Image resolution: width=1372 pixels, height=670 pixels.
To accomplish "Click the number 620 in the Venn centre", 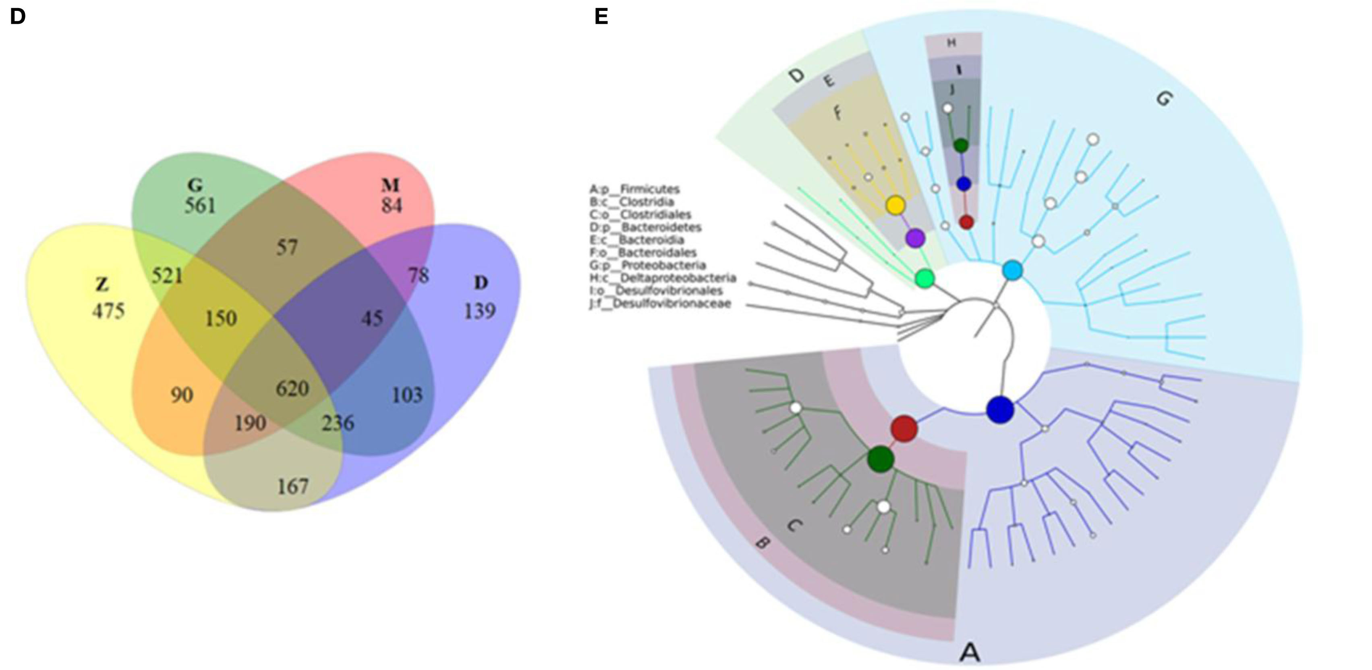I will [292, 389].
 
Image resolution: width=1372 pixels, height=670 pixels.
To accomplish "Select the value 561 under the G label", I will [200, 206].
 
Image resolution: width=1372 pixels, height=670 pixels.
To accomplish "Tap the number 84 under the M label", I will [392, 206].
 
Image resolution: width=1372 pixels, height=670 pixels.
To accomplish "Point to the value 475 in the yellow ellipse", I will [109, 311].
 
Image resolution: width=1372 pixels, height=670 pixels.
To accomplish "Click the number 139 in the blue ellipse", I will [480, 311].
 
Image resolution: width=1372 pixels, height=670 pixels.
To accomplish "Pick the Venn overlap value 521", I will [167, 276].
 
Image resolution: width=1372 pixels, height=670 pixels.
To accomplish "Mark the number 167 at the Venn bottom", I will [293, 486].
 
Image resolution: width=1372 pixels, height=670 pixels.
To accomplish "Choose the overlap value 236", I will [338, 423].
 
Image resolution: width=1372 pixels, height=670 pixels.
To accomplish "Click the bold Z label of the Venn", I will [102, 285].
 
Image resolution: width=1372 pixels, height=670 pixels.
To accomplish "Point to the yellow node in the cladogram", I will [896, 205].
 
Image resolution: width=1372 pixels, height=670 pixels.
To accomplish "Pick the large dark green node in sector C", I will [881, 459].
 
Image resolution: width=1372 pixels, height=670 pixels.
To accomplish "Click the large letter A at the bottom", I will [969, 651].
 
